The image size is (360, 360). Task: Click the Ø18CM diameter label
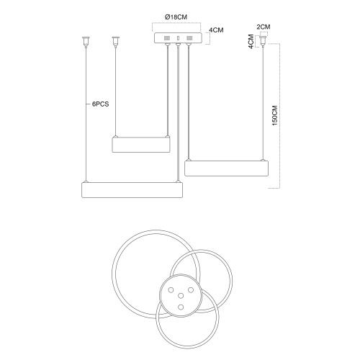[x=176, y=17]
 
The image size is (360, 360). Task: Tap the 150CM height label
[x=275, y=115]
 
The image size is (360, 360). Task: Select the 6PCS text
[x=101, y=104]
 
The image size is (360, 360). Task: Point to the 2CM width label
[x=264, y=27]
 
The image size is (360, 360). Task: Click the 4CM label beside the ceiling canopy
[x=216, y=30]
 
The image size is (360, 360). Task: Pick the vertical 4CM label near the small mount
[x=251, y=42]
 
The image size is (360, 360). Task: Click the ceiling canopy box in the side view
[x=178, y=38]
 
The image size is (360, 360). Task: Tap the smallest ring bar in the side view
[x=141, y=145]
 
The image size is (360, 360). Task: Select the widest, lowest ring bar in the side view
[x=132, y=190]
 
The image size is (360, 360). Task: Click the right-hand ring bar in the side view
[x=226, y=168]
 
